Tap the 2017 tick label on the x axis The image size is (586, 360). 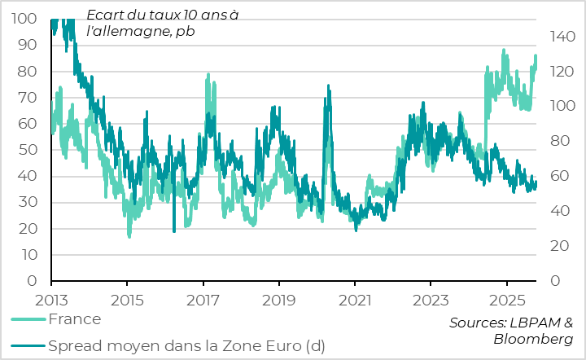pyautogui.click(x=203, y=298)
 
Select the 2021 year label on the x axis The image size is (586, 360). pyautogui.click(x=355, y=298)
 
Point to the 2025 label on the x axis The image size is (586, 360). pyautogui.click(x=506, y=298)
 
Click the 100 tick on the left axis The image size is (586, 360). pyautogui.click(x=25, y=19)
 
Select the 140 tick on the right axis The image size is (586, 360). pyautogui.click(x=562, y=37)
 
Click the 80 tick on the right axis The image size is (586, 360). pyautogui.click(x=558, y=141)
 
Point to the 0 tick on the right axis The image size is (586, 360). pyautogui.click(x=553, y=281)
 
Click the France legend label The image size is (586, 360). pyautogui.click(x=74, y=319)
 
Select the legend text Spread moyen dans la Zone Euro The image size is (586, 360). pyautogui.click(x=186, y=345)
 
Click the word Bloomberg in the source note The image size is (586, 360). pyautogui.click(x=533, y=339)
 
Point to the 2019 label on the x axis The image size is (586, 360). pyautogui.click(x=279, y=298)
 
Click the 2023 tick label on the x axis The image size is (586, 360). pyautogui.click(x=431, y=298)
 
